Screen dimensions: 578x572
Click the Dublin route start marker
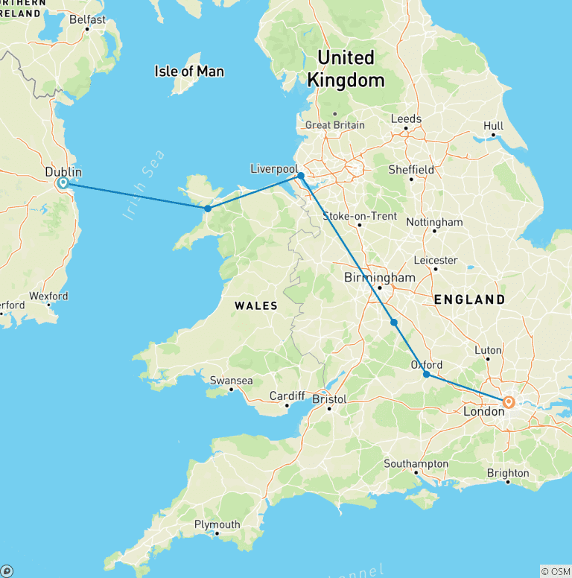(x=63, y=182)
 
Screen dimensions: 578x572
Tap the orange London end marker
(x=509, y=402)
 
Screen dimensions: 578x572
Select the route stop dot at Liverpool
(x=301, y=177)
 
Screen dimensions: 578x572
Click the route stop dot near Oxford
(x=427, y=375)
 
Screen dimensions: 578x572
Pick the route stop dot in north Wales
(x=208, y=209)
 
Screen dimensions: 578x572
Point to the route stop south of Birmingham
(x=394, y=323)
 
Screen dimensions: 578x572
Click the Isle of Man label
(x=189, y=72)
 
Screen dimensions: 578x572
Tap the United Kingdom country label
(x=346, y=69)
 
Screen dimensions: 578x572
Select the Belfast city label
(x=87, y=20)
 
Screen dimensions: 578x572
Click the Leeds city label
(x=406, y=119)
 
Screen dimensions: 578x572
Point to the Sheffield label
(x=411, y=170)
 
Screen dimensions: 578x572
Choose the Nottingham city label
(x=434, y=222)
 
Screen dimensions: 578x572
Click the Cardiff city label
(x=287, y=396)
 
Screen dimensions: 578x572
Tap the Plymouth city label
(x=217, y=524)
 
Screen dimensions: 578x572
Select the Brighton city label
(x=508, y=473)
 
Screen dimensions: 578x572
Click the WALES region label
(x=256, y=305)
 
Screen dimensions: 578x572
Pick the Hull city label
(x=493, y=127)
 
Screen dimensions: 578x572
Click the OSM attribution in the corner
(x=555, y=571)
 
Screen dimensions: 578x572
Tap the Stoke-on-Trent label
(x=359, y=216)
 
